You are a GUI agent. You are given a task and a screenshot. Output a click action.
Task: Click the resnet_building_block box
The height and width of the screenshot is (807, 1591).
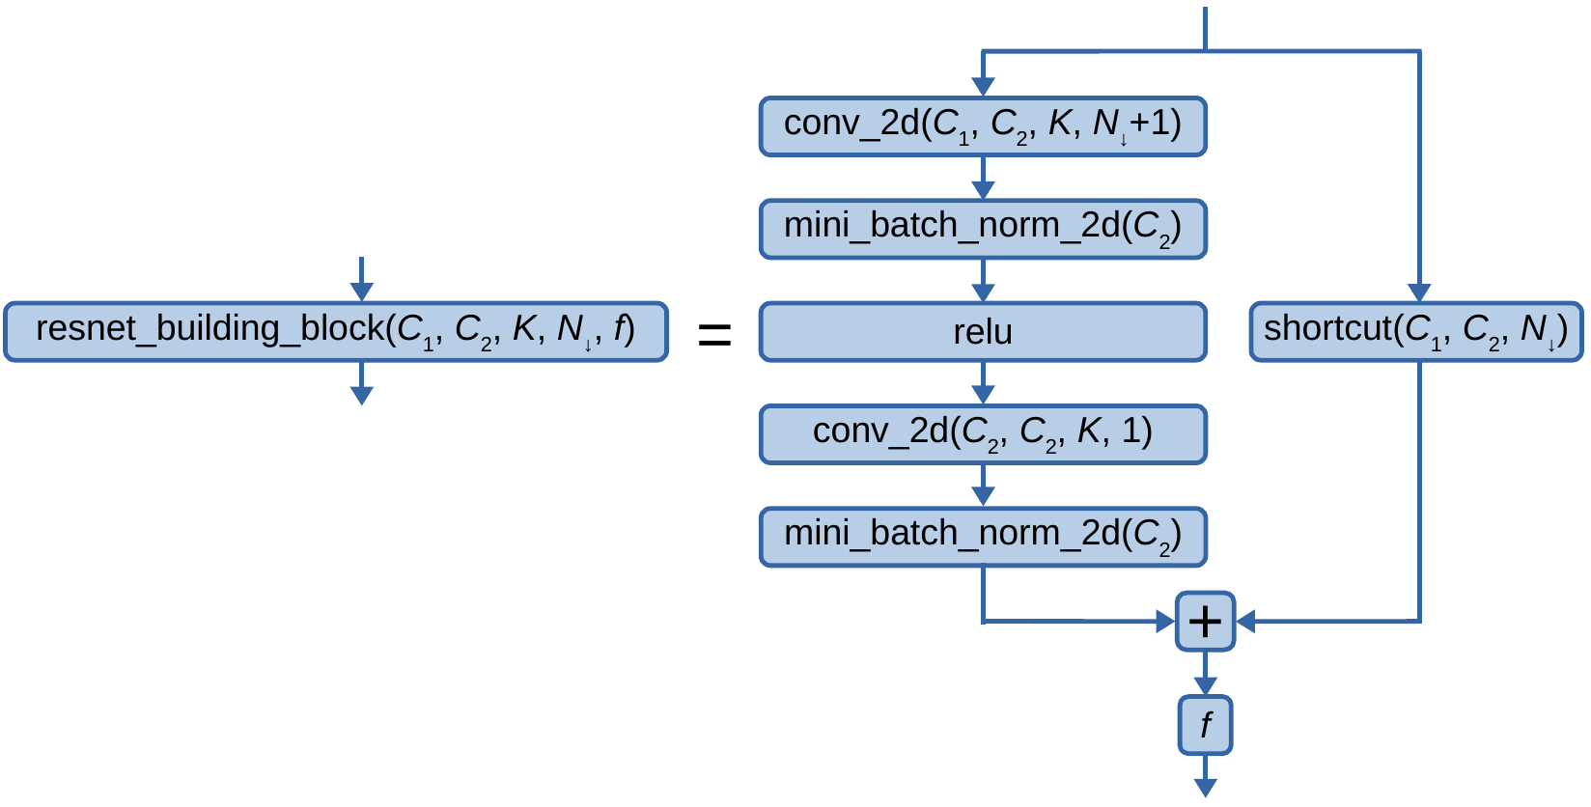(335, 332)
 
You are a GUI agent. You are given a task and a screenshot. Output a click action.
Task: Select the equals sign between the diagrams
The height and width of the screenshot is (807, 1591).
(714, 336)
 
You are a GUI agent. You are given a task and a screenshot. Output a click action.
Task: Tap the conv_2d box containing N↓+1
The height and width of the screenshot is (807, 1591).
(983, 125)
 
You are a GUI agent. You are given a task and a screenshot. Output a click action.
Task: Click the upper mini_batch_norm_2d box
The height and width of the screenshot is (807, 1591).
(983, 229)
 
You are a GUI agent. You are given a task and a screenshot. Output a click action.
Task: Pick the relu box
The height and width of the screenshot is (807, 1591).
(983, 332)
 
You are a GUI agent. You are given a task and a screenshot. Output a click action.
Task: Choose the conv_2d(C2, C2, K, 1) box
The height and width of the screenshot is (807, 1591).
(983, 434)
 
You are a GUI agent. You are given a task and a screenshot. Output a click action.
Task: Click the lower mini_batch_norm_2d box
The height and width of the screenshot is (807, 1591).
(983, 537)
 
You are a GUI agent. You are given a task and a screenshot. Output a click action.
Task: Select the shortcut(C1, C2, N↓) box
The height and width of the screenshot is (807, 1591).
(1416, 332)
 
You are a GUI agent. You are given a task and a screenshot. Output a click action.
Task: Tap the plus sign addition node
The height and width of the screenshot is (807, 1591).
(1205, 622)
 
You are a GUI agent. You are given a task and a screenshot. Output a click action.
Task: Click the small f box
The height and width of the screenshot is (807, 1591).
(1205, 725)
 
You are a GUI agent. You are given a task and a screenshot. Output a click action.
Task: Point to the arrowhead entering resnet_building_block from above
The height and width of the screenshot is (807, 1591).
(361, 292)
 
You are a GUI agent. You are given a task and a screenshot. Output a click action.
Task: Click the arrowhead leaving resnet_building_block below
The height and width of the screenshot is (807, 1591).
(361, 395)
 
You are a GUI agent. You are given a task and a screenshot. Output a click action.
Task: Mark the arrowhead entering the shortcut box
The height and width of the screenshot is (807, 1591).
(1419, 292)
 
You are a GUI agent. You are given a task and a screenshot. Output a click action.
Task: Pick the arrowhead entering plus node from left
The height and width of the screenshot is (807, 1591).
(1165, 622)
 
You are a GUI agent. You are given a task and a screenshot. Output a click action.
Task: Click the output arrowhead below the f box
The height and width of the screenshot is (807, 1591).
(1205, 788)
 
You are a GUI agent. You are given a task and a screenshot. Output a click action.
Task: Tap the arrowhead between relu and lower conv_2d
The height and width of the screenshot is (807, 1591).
(983, 394)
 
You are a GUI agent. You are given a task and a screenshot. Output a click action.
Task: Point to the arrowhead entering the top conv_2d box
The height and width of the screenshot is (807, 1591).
(983, 86)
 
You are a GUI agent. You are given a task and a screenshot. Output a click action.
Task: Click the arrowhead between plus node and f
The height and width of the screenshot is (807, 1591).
(1205, 685)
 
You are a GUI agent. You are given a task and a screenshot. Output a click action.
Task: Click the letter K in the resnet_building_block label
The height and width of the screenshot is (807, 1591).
(523, 329)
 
